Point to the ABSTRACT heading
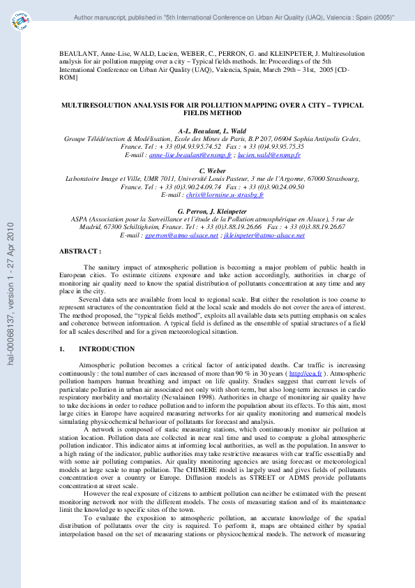(x=80, y=250)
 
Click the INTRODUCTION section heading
(x=107, y=349)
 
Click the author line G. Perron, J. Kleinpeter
(x=207, y=210)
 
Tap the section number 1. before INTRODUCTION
(x=62, y=349)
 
